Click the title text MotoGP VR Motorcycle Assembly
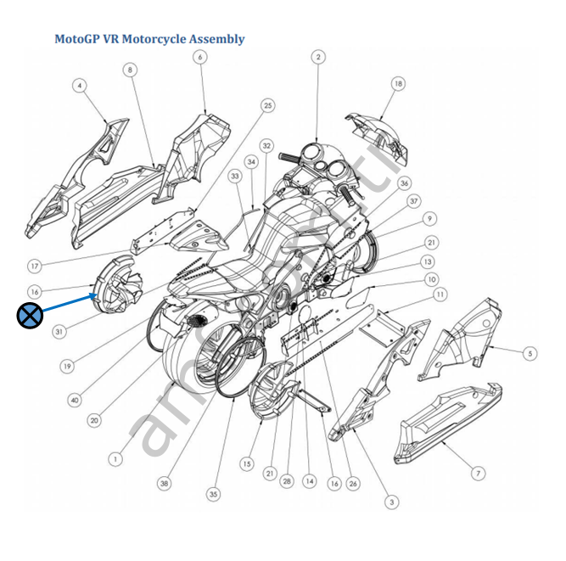coord(149,39)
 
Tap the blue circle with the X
coord(31,317)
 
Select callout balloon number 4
coord(80,86)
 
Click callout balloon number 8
coord(130,70)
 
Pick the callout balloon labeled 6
coord(199,57)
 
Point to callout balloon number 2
coord(317,57)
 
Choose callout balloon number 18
coord(398,83)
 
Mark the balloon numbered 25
coord(268,106)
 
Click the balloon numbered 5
coord(530,352)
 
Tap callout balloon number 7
coord(478,473)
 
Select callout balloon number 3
coord(391,502)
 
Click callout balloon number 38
coord(164,483)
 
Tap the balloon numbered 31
coord(59,332)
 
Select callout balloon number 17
coord(36,264)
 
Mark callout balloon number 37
coord(413,201)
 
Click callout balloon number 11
coord(440,295)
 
